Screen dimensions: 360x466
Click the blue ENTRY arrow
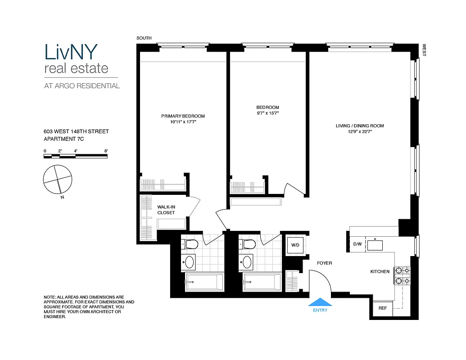point(321,302)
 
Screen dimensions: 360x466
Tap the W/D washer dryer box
point(295,246)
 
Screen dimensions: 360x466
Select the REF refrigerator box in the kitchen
point(382,309)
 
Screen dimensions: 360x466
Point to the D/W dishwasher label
point(357,244)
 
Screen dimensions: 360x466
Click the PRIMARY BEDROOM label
point(183,116)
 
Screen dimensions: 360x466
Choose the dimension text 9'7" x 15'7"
point(267,113)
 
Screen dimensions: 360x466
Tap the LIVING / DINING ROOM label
point(360,126)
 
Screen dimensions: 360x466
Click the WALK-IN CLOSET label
point(166,210)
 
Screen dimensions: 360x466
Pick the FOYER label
point(324,263)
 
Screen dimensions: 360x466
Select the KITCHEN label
point(380,272)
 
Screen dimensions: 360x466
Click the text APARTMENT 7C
point(63,139)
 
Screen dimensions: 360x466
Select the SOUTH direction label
point(144,38)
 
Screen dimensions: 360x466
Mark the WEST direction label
point(424,50)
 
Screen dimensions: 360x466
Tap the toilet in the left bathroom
point(191,244)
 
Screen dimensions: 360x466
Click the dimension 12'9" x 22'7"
point(360,132)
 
